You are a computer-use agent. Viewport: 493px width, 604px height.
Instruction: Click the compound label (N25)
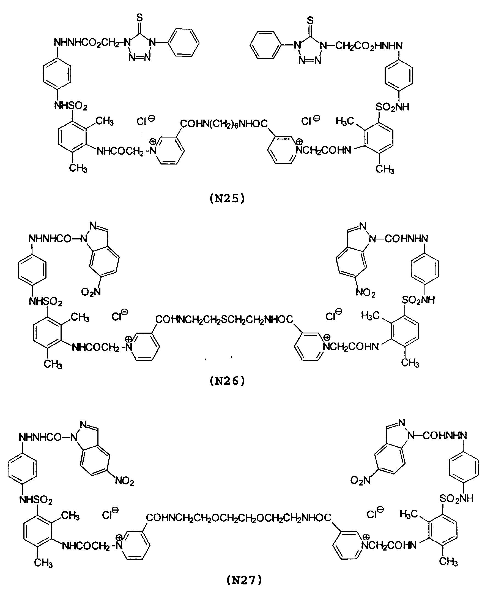227,198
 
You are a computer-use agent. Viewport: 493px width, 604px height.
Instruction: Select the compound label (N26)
227,381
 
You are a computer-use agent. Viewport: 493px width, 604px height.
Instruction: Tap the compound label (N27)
244,580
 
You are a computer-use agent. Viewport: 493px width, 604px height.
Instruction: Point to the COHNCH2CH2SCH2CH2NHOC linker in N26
224,320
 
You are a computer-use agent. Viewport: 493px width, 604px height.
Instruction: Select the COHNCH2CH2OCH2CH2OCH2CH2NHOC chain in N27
239,518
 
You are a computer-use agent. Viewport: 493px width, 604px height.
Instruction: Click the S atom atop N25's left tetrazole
139,18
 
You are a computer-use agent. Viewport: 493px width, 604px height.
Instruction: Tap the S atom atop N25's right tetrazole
310,20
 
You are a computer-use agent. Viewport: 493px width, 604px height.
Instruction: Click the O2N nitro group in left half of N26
91,292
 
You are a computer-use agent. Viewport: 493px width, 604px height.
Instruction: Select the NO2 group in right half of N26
366,293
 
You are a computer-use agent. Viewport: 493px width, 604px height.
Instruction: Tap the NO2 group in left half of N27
124,481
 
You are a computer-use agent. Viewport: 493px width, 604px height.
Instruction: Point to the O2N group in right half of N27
360,480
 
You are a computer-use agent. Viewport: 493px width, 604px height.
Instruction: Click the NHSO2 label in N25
71,106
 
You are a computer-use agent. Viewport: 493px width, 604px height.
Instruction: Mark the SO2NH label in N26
418,300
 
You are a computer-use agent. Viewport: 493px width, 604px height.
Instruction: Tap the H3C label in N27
409,514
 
